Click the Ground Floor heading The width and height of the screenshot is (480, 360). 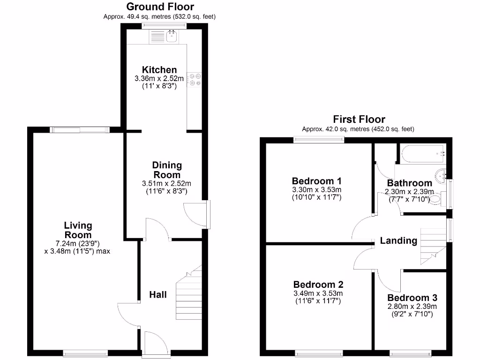tap(160, 7)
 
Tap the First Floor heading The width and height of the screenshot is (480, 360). tap(359, 119)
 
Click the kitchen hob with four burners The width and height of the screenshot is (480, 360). tap(194, 79)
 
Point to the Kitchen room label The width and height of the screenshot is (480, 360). tap(160, 69)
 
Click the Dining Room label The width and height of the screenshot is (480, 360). tap(167, 170)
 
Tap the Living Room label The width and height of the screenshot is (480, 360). tap(78, 230)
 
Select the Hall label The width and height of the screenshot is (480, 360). tap(158, 294)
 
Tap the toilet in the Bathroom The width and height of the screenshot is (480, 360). tap(435, 199)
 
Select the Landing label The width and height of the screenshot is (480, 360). tap(398, 240)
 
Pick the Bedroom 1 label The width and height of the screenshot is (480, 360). tap(316, 181)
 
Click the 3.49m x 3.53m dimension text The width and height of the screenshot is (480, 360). tap(318, 293)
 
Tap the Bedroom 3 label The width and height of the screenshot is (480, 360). tap(412, 298)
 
